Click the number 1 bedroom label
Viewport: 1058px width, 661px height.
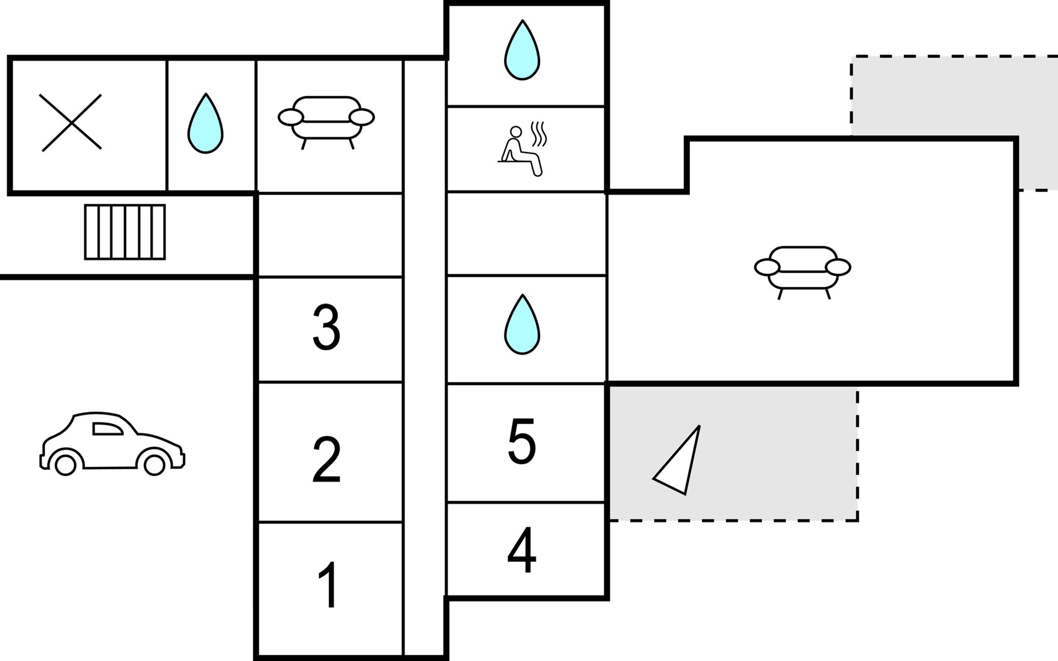point(329,584)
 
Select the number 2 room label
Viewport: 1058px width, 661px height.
point(326,460)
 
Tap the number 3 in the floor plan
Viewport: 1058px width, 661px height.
point(326,327)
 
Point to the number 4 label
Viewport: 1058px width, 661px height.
point(521,550)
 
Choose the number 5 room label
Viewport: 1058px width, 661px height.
point(521,441)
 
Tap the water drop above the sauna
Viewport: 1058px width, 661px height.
point(522,50)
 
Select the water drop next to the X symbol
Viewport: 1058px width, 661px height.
point(206,123)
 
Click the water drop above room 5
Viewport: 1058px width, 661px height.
point(522,324)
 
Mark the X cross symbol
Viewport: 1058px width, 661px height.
point(72,122)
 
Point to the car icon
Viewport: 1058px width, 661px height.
point(112,443)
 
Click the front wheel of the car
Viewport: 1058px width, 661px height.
point(154,465)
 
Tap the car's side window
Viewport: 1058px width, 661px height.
point(107,429)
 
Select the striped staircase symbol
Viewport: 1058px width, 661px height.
point(125,232)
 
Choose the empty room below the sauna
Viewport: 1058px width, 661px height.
point(526,233)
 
